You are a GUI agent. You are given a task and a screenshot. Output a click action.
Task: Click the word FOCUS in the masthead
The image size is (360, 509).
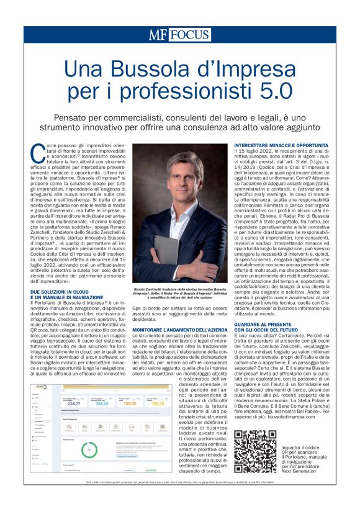[188, 35]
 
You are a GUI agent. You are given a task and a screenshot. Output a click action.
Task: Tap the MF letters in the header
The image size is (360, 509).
[158, 35]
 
